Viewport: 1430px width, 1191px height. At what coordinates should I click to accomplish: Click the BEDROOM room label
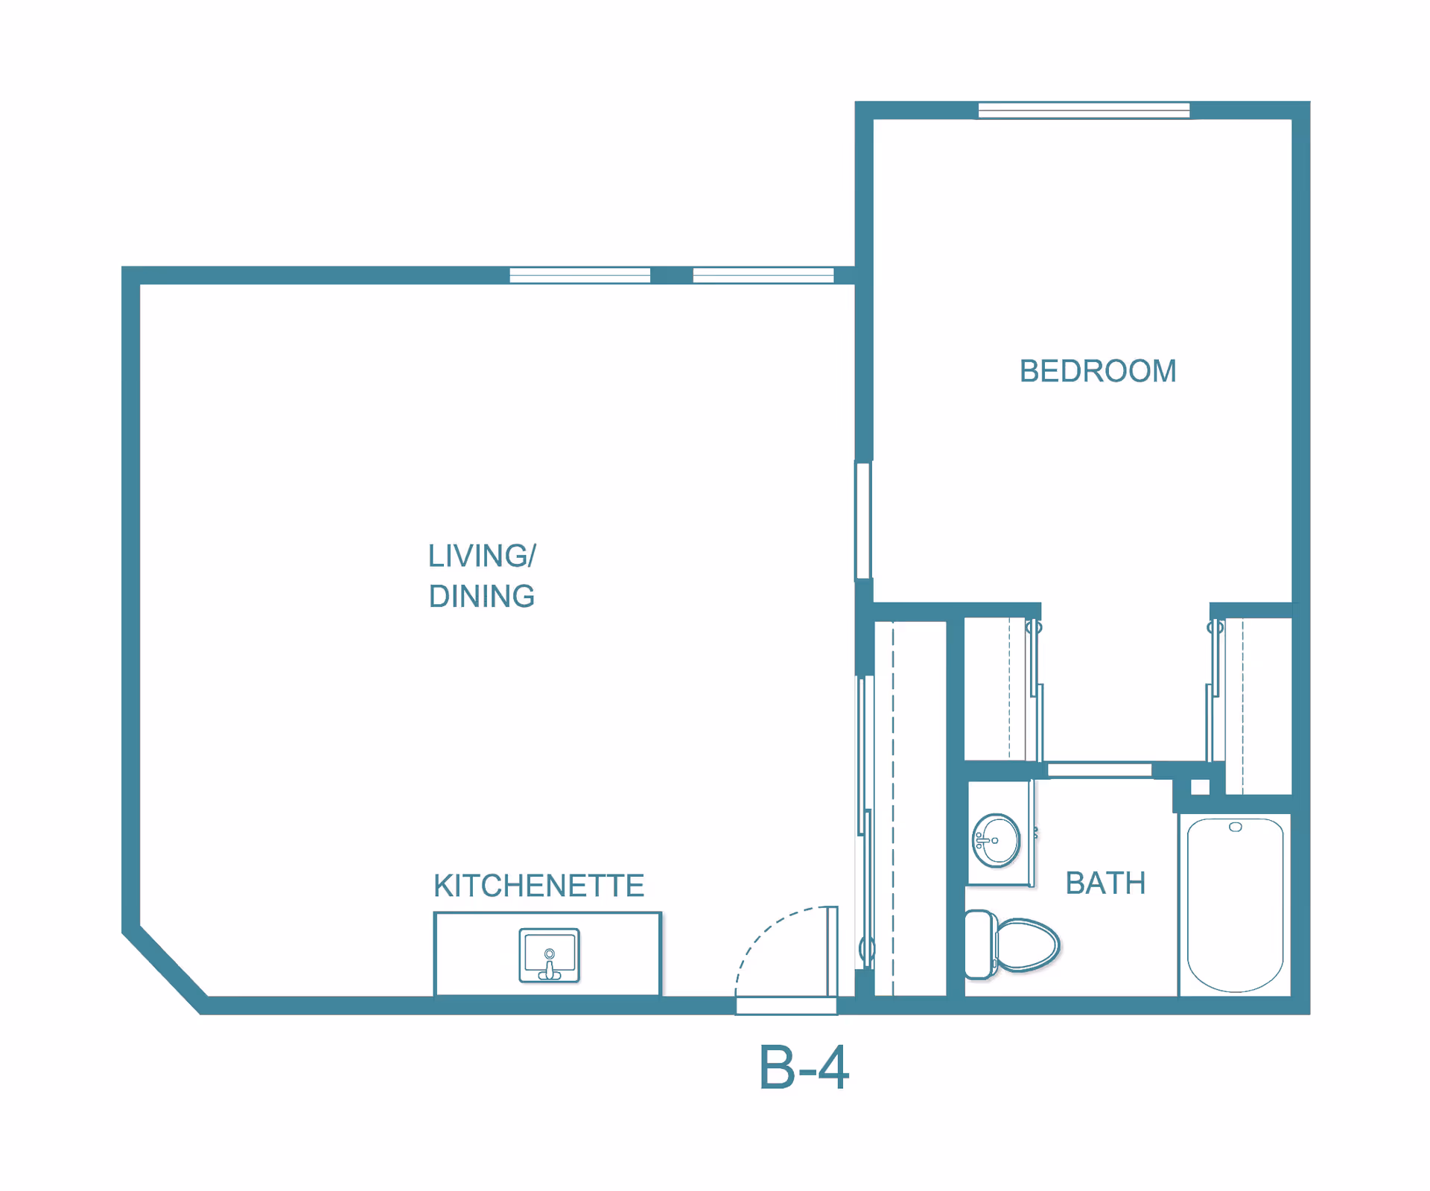1097,371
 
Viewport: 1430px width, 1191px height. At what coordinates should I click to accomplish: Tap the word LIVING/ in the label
481,556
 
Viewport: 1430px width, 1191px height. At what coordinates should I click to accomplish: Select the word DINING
481,596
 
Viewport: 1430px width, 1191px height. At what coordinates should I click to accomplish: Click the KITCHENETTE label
538,886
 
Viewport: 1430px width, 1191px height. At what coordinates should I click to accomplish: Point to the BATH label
1105,883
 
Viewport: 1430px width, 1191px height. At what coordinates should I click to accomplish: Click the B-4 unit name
803,1068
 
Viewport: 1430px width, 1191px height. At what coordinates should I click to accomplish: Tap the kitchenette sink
549,955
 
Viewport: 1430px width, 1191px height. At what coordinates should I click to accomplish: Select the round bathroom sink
997,841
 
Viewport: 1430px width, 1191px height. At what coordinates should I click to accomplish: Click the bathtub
1235,905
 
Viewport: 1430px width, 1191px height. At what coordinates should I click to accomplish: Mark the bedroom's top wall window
1084,111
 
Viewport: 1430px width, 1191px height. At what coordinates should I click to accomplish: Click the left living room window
579,276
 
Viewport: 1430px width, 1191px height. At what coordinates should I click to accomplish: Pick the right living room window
763,276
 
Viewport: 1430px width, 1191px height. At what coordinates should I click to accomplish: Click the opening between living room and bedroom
863,521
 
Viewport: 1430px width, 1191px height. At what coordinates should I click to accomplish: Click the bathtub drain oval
1235,828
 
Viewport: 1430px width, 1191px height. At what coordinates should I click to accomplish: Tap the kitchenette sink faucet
550,968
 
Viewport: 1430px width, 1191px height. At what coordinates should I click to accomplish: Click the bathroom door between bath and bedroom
1099,769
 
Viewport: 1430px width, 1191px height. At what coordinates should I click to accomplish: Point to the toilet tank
979,944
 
